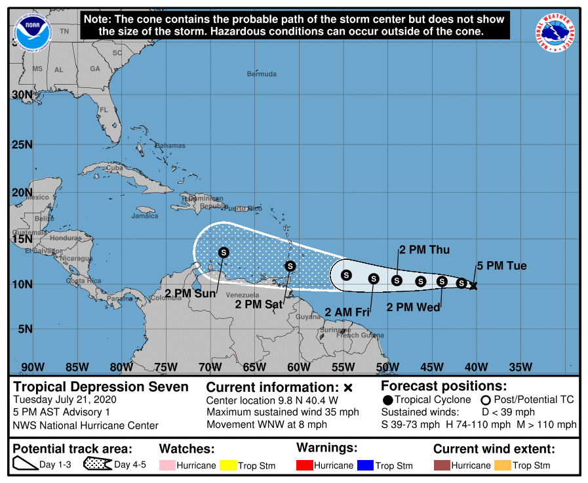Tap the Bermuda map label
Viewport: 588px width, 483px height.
[262, 74]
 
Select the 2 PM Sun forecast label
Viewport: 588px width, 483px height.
[190, 293]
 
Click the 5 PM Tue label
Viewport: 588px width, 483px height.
[501, 266]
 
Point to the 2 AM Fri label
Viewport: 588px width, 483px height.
[347, 312]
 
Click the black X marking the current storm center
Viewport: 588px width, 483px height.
[473, 286]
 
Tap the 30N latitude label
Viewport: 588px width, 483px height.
[22, 94]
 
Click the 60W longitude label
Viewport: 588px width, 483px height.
[298, 366]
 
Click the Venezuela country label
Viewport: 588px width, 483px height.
[239, 295]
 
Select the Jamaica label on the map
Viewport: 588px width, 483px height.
[145, 216]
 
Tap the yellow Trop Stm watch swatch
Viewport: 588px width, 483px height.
[229, 465]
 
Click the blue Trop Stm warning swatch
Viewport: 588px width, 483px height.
[365, 465]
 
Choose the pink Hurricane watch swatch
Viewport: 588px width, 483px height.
[167, 465]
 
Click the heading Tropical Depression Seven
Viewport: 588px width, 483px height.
[101, 387]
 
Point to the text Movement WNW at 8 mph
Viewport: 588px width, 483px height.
[267, 425]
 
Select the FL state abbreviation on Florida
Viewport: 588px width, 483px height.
[104, 110]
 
